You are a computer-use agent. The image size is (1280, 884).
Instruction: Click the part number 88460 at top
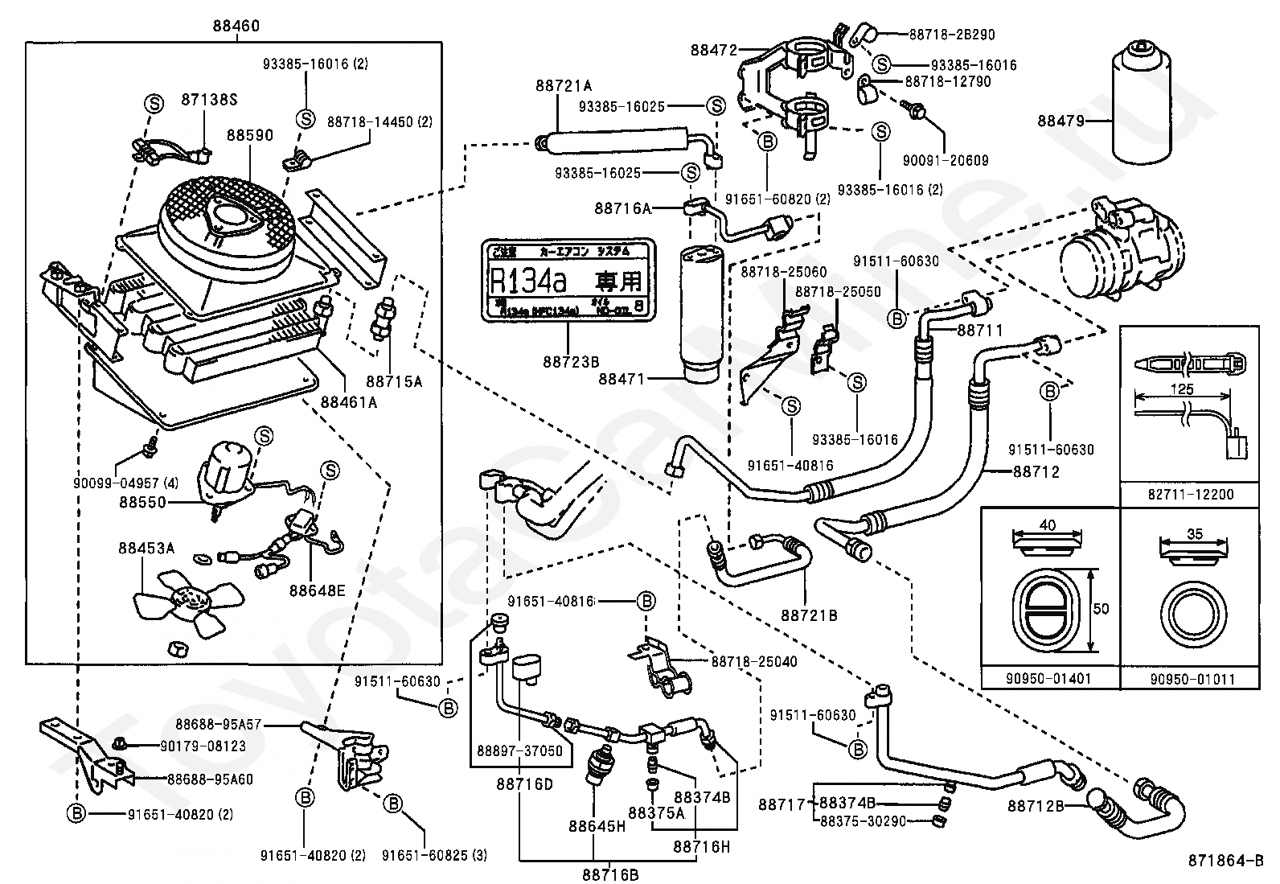click(236, 26)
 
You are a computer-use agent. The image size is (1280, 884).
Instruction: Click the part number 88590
click(249, 136)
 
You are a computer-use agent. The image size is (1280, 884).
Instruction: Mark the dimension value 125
click(1182, 389)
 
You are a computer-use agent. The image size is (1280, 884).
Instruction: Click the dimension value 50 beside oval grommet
click(1101, 609)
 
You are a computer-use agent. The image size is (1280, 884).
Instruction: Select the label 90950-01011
click(1191, 679)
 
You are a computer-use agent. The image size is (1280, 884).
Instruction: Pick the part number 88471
click(622, 378)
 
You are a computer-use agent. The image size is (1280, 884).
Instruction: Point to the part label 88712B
click(1036, 805)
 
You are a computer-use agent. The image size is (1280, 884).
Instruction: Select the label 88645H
click(597, 826)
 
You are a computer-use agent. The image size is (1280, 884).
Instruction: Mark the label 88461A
click(349, 401)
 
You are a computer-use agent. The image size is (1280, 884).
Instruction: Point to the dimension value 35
click(1194, 533)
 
